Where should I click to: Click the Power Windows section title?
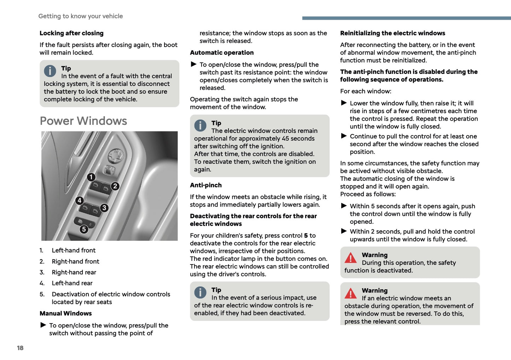83,121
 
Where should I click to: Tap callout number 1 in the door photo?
91,177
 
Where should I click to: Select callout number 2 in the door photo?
115,186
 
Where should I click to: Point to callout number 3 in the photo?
104,208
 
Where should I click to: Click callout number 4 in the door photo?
80,201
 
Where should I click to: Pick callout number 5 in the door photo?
84,229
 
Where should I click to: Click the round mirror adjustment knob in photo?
116,155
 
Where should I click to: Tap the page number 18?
20,348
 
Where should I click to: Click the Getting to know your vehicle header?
81,16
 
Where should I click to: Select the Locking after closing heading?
71,33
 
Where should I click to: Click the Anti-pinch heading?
206,185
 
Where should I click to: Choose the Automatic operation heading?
222,53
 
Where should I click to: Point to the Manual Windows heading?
65,313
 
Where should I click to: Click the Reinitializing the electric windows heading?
393,33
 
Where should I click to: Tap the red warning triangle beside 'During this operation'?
350,258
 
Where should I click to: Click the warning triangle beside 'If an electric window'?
350,293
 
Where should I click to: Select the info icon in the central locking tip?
50,71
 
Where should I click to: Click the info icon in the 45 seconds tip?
200,126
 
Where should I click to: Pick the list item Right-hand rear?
74,272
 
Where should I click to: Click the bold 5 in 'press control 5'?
306,236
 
